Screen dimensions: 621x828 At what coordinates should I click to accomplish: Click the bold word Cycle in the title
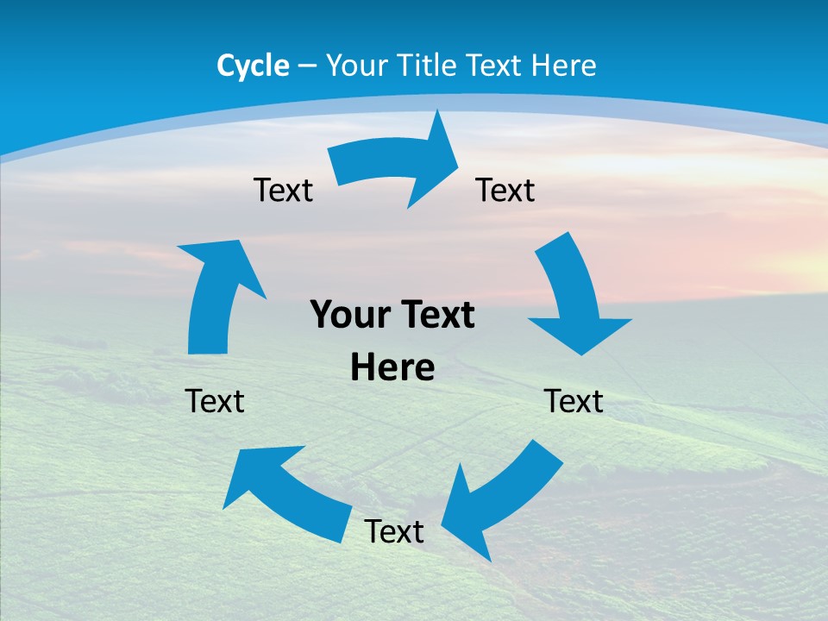[x=253, y=66]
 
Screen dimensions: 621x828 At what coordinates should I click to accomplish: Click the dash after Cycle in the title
[x=307, y=66]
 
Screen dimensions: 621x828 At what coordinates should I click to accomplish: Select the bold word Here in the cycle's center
[x=392, y=368]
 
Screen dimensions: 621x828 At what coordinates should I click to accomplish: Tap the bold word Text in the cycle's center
[x=436, y=316]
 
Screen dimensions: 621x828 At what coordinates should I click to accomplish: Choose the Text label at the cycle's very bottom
[x=394, y=531]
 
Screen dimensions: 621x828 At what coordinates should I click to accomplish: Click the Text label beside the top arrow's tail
[x=283, y=190]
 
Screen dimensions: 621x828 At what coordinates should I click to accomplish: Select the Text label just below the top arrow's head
[x=505, y=190]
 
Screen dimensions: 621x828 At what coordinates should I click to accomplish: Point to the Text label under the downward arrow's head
[x=574, y=401]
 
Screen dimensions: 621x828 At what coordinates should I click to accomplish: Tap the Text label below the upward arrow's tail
[x=215, y=401]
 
